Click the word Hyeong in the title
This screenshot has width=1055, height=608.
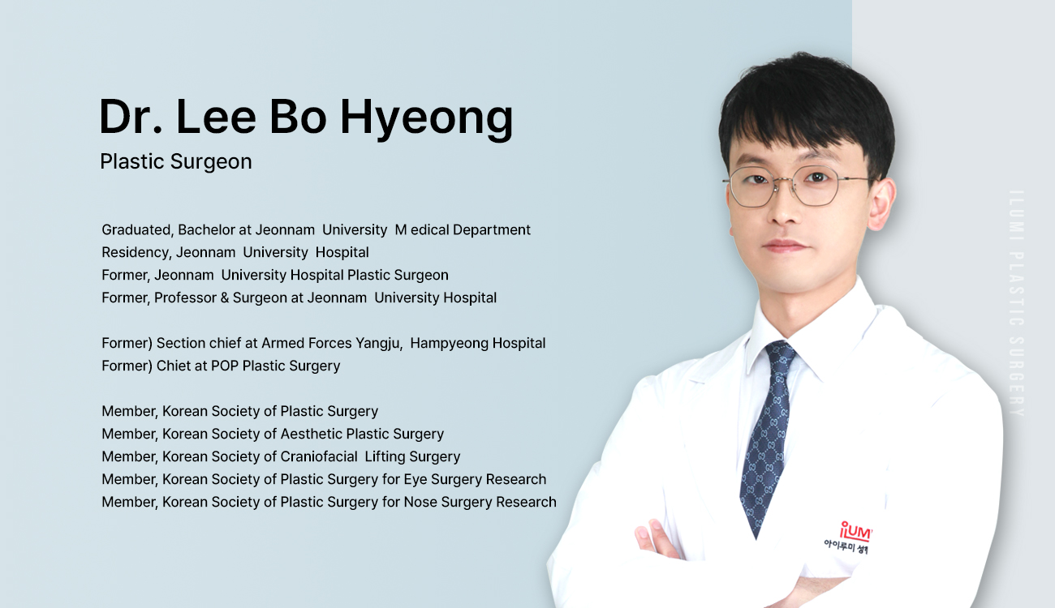(x=426, y=118)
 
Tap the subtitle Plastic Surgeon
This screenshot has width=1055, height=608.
(x=176, y=162)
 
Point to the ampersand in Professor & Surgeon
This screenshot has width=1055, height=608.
(x=224, y=298)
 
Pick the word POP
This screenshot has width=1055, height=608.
(x=225, y=366)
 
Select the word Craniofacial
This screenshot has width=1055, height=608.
(x=319, y=456)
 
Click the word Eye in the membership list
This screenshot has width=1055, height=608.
(x=415, y=480)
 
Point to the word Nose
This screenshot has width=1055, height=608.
(x=420, y=502)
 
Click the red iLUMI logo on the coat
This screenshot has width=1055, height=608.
(x=855, y=532)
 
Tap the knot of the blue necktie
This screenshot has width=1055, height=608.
(x=781, y=354)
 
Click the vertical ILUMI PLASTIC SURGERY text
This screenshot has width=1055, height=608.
(x=1018, y=303)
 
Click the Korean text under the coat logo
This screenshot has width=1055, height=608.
(x=846, y=547)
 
